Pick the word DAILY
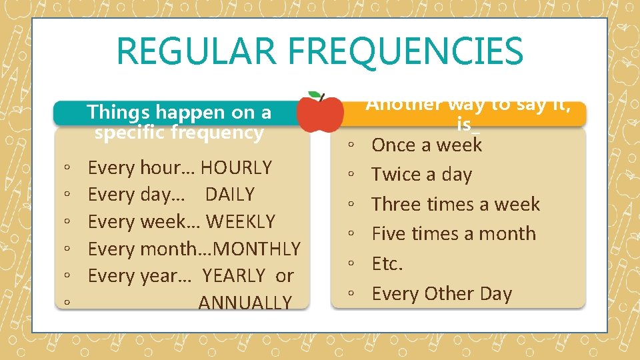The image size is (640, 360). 230,195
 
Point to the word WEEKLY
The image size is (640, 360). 240,221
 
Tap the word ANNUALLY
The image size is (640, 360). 245,303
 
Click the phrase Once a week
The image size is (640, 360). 427,145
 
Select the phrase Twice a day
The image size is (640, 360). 421,175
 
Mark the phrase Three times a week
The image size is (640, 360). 455,204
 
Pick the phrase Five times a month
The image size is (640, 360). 453,234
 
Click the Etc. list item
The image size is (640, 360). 387,264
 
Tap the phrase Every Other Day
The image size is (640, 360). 441,294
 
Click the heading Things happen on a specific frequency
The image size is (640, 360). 179,122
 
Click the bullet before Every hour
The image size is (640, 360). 67,168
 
